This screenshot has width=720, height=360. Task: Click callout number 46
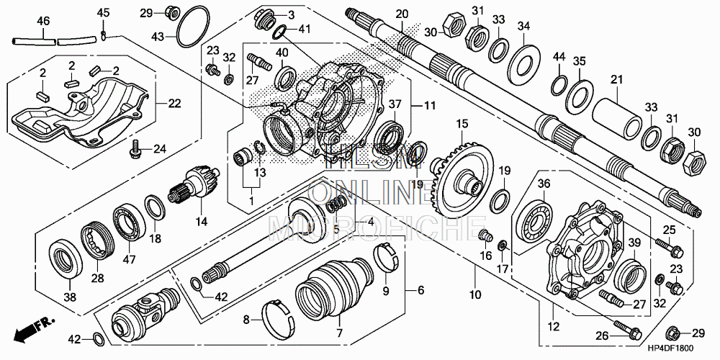(43, 21)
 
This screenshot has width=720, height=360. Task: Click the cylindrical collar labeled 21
(617, 114)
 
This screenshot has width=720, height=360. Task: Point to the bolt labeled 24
(134, 150)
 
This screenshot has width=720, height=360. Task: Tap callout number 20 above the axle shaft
(401, 14)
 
